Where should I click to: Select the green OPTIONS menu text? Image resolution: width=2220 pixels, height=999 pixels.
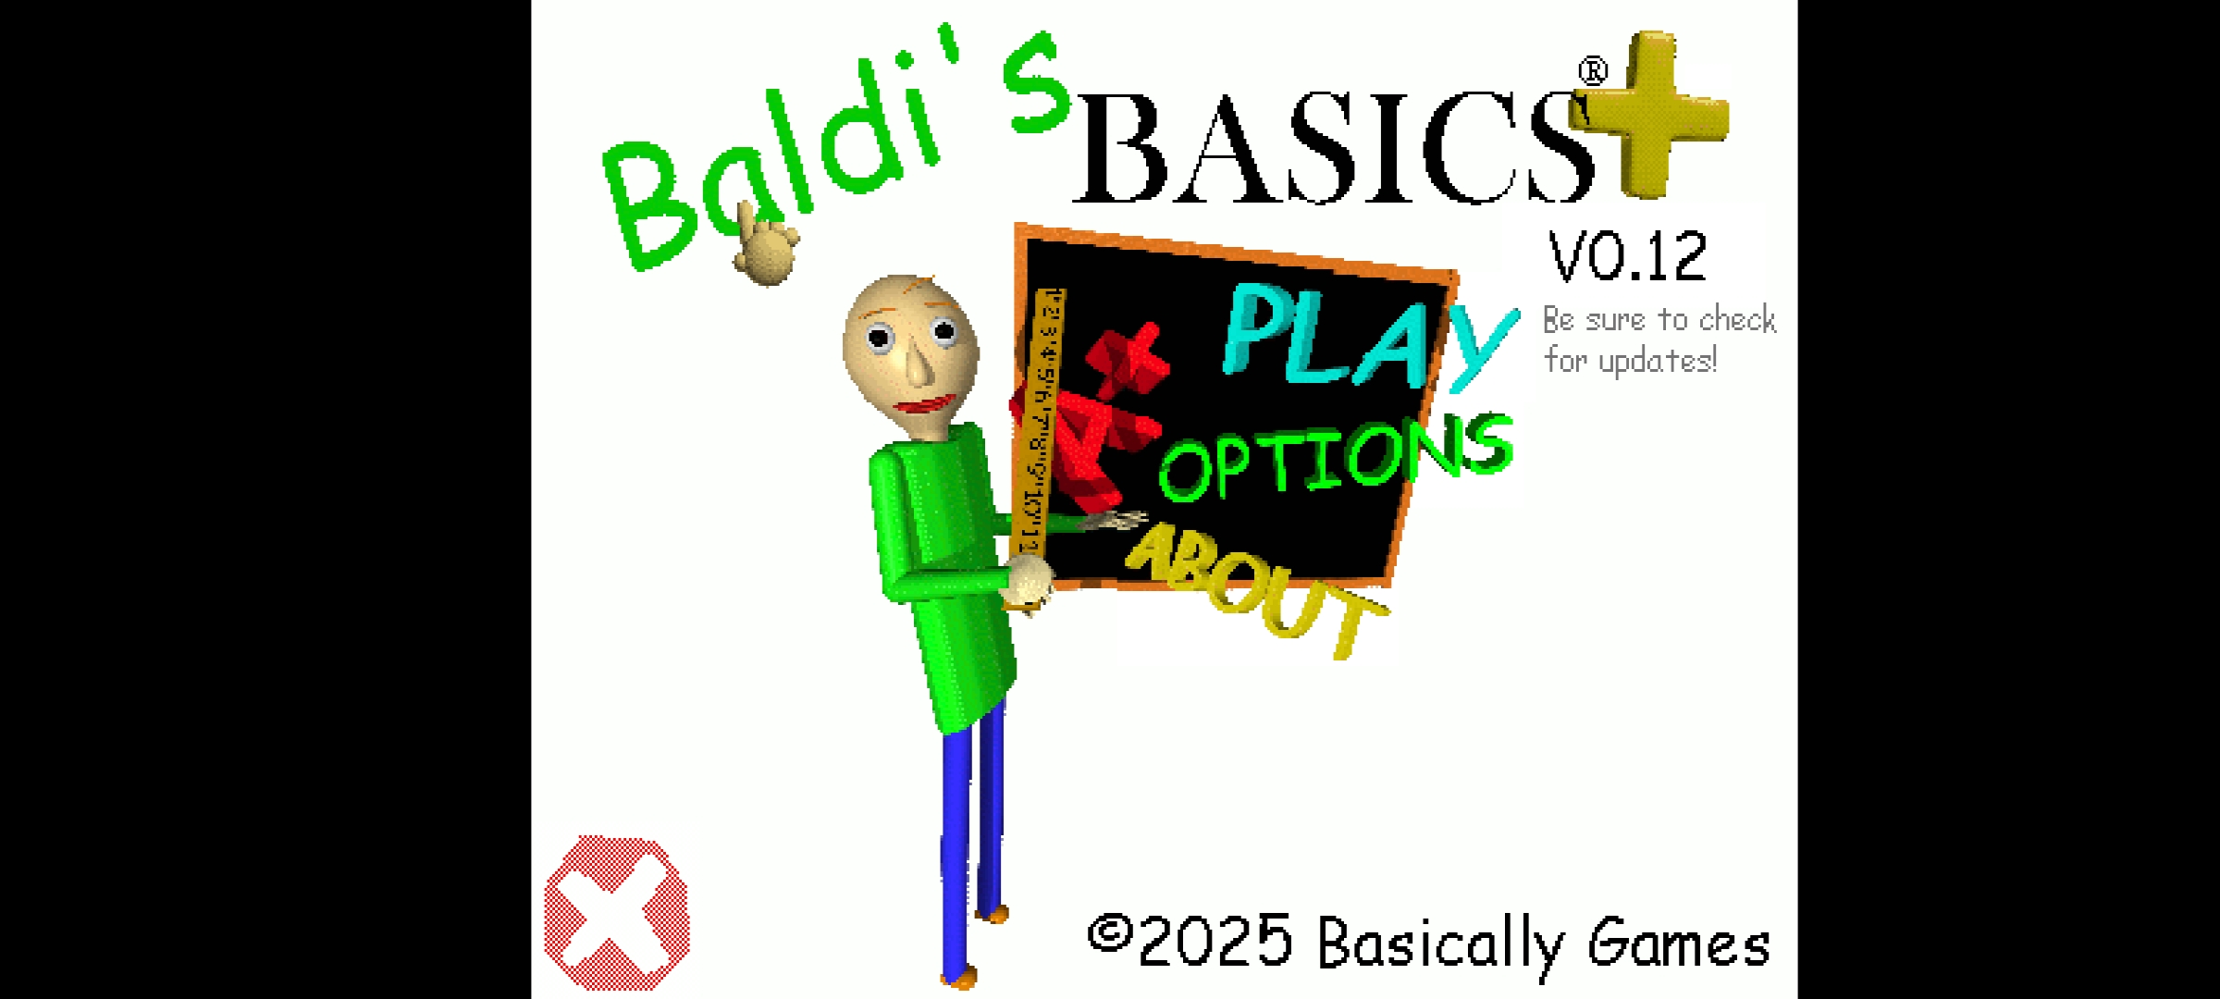pyautogui.click(x=1337, y=458)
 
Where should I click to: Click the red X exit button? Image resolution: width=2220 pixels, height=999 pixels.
pyautogui.click(x=617, y=913)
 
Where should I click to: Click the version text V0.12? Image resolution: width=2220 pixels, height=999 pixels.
pyautogui.click(x=1628, y=256)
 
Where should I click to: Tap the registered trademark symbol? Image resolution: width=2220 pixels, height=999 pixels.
pyautogui.click(x=1593, y=71)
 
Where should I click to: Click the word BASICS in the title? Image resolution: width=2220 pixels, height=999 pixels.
pyautogui.click(x=1332, y=148)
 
